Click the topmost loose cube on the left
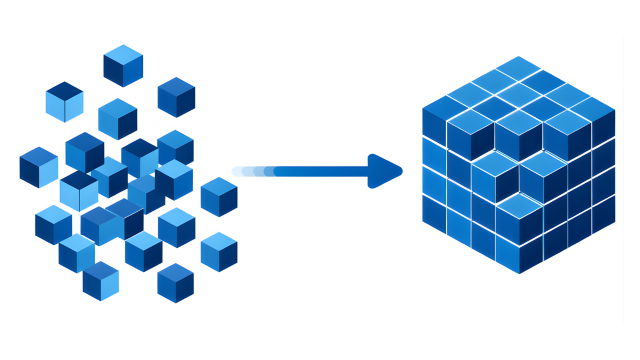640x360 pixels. point(123,66)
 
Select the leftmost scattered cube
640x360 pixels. point(39,167)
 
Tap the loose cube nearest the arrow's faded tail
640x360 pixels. point(219,196)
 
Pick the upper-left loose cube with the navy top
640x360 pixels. point(64,102)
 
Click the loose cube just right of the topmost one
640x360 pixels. point(176,97)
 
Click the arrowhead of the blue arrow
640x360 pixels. point(384,171)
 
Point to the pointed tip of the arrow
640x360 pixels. point(401,171)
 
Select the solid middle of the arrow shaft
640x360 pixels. point(320,171)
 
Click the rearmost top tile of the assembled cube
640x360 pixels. point(518,67)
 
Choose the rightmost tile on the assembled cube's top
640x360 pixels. point(592,104)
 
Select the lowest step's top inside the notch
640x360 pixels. point(518,205)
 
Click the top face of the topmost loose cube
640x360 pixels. point(123,54)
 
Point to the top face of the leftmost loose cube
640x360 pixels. point(39,156)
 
